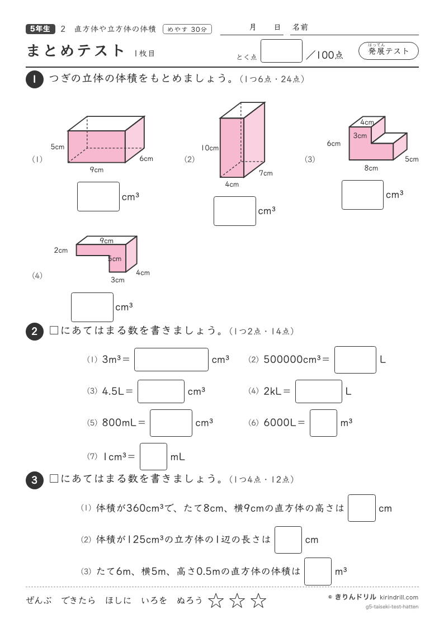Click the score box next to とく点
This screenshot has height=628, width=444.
(x=281, y=51)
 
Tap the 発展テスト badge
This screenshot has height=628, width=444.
(x=388, y=51)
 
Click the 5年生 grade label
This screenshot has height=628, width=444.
(x=40, y=29)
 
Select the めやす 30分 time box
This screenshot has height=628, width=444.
(x=187, y=29)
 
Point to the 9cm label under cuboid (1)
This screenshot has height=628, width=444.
(x=97, y=169)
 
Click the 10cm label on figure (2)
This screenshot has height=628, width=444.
(x=210, y=148)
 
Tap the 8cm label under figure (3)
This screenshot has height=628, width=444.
(x=371, y=168)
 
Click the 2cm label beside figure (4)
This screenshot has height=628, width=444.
(x=61, y=251)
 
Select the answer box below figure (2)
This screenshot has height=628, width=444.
(x=235, y=211)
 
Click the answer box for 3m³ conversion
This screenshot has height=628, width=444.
(x=171, y=360)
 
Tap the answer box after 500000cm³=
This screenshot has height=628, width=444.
(x=355, y=360)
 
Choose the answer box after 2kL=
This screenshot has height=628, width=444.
(x=319, y=391)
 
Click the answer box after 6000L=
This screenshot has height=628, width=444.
(x=323, y=423)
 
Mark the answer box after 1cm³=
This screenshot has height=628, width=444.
(x=153, y=456)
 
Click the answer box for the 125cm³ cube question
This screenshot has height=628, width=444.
(x=288, y=540)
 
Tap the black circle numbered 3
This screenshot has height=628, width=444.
(x=35, y=480)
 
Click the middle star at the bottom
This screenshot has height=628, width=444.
(x=237, y=601)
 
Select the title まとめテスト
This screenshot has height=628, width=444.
(x=75, y=51)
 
